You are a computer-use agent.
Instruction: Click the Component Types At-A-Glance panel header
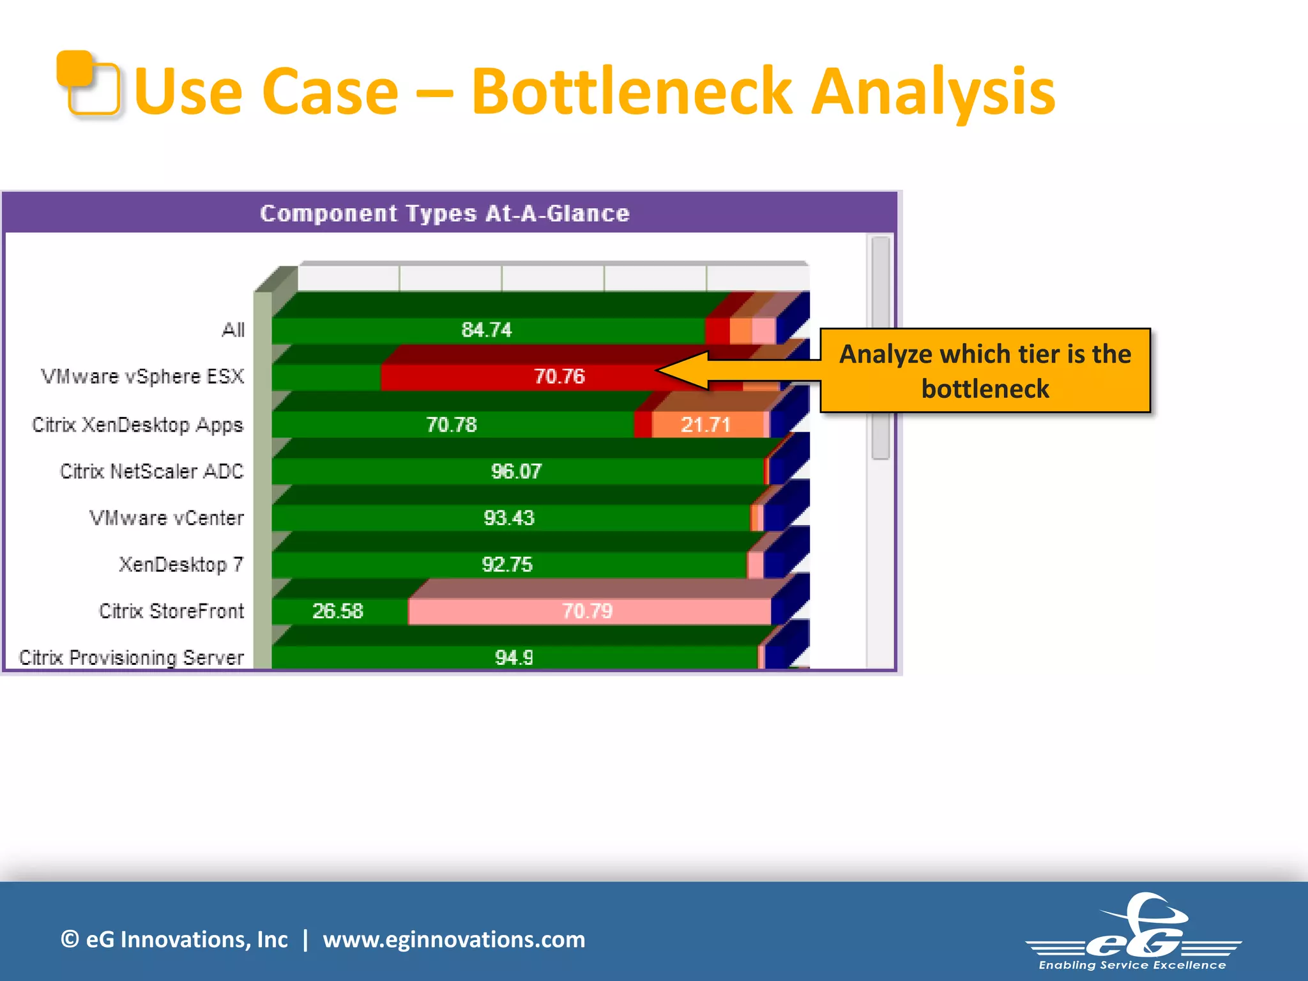pos(445,213)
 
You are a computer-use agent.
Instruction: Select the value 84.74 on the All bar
pos(487,330)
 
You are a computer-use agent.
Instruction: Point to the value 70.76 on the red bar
pos(559,376)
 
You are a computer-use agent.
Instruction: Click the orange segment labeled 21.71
pos(706,425)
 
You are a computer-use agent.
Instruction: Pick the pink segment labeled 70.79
pos(588,611)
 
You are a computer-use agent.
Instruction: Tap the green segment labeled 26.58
pos(338,611)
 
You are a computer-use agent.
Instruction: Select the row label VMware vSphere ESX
pos(142,376)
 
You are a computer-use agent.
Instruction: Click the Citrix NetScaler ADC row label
pos(152,471)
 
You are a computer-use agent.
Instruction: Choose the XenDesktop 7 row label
pos(181,565)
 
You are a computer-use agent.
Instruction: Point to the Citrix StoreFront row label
pos(171,611)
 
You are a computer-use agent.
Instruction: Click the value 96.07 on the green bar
pos(516,471)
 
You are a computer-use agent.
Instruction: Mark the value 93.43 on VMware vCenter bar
pos(509,518)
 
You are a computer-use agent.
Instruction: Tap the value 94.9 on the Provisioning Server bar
pos(514,657)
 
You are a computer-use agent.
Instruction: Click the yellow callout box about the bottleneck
pos(985,371)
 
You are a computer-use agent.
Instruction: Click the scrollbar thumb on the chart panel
pos(881,348)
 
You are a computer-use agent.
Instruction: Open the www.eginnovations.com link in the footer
pos(453,939)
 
